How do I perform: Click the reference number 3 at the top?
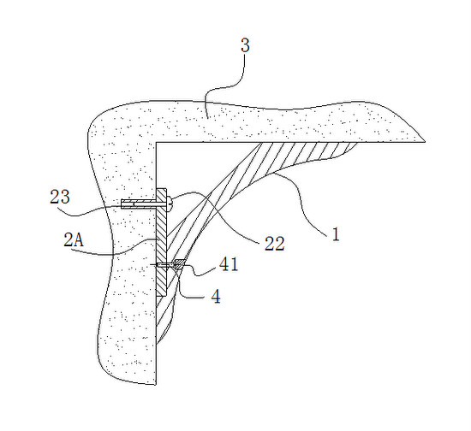point(245,46)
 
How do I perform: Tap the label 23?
point(60,197)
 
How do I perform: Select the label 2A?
point(74,240)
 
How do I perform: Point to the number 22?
point(274,244)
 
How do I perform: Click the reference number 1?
point(336,234)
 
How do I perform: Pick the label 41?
point(229,264)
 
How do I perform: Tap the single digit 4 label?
point(216,297)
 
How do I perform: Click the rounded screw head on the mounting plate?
point(170,204)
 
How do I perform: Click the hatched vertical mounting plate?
point(162,242)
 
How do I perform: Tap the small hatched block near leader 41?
point(178,263)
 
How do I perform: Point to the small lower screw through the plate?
point(164,265)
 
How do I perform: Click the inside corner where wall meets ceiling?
point(157,142)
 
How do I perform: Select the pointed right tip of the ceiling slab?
point(425,141)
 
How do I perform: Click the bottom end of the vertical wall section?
point(156,384)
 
